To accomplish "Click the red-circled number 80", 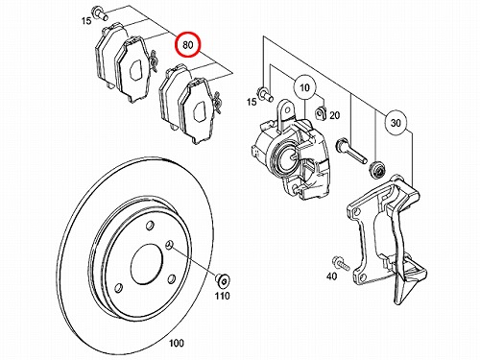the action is coord(188,45).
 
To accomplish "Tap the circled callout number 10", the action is coord(304,87).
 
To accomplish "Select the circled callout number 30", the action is coord(396,123).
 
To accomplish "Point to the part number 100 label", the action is coord(176,343).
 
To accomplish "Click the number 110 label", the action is coord(222,296).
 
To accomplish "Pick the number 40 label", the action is coord(332,276).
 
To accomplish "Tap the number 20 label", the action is coord(334,115).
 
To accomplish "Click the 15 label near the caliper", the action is coord(252,102).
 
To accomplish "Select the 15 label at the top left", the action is coord(85,21).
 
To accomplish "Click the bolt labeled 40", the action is coord(341,263).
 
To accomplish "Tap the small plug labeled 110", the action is coord(222,280).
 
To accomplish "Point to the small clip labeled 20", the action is coord(321,113).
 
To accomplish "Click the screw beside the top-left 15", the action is coord(99,12).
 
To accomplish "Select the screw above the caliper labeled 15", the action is coord(265,92).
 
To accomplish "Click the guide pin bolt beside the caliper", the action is coord(350,151).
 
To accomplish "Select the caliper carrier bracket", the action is coord(387,239).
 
